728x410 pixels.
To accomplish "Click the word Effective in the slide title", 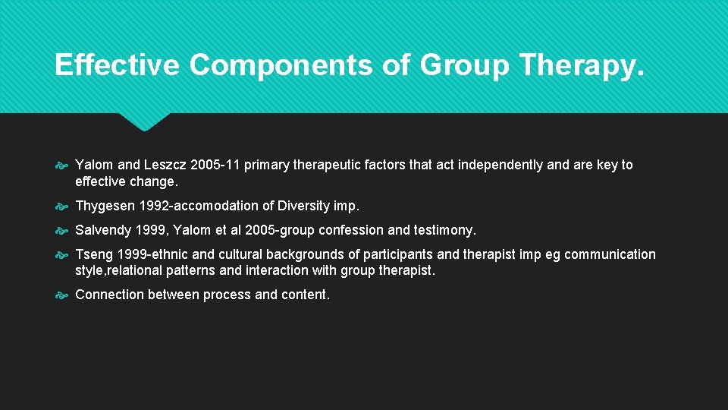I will tap(117, 65).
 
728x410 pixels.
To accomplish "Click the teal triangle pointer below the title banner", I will tap(144, 121).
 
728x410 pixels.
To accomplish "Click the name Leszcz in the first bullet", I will tap(166, 166).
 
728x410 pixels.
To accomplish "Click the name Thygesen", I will tap(105, 207).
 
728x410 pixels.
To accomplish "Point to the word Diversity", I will tap(304, 207).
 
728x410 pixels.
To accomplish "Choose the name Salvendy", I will tap(102, 231).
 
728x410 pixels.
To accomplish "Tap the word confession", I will tap(354, 231).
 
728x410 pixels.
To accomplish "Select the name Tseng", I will tap(94, 255).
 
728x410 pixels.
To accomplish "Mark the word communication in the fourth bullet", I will tap(611, 255).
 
